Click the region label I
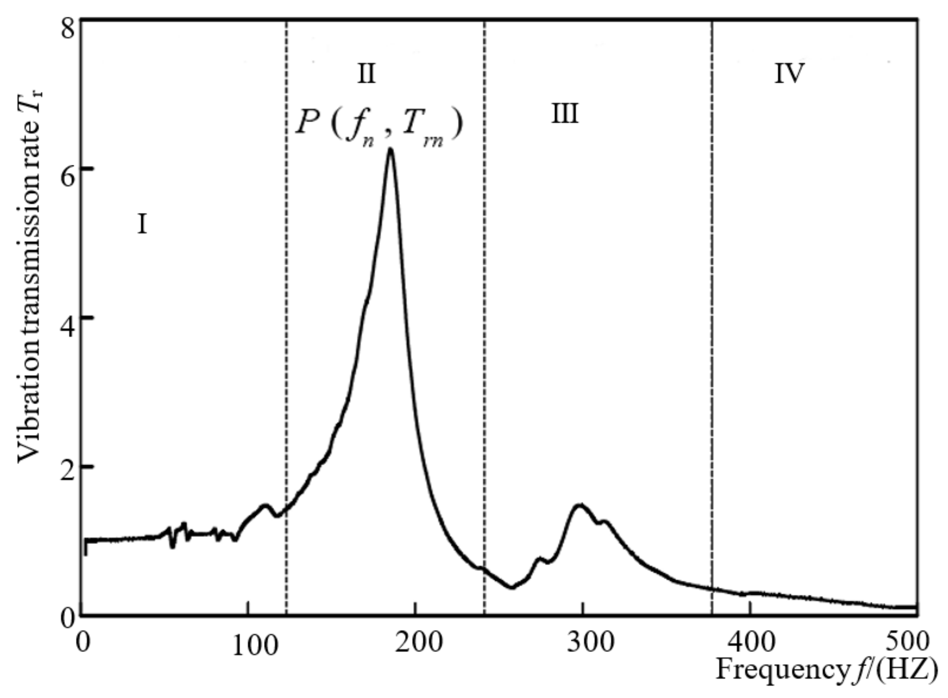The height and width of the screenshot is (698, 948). pyautogui.click(x=142, y=224)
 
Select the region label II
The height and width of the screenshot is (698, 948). pyautogui.click(x=366, y=74)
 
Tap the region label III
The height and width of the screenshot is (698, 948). pyautogui.click(x=565, y=114)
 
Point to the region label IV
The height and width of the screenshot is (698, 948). pyautogui.click(x=789, y=74)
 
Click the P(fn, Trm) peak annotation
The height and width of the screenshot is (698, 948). pyautogui.click(x=379, y=125)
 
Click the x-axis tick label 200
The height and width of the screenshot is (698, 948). pyautogui.click(x=418, y=642)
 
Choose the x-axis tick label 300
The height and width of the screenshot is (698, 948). pyautogui.click(x=589, y=642)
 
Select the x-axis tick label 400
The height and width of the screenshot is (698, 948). pyautogui.click(x=752, y=642)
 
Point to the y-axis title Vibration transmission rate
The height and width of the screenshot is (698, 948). pyautogui.click(x=30, y=275)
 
